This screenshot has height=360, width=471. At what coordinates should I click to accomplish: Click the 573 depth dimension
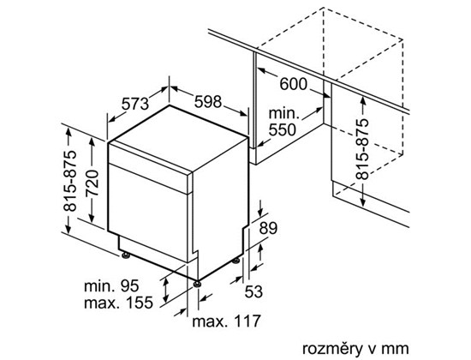pos(134,104)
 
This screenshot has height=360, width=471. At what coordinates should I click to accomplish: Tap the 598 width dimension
pos(208,101)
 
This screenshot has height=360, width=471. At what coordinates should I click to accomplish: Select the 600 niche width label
pos(294,84)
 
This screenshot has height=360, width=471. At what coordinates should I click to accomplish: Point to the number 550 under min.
pos(283,129)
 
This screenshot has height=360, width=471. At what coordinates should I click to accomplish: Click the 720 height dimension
pos(92,183)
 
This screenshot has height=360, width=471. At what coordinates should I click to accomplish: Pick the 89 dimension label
pos(268,228)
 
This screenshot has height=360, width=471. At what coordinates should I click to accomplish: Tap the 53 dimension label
pos(253,291)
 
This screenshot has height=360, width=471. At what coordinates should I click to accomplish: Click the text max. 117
pos(226,321)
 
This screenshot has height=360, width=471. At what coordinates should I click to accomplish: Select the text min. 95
pos(111,285)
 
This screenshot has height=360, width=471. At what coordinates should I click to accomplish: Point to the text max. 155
pos(118,303)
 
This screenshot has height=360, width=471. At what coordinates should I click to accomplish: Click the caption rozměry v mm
pos(355,349)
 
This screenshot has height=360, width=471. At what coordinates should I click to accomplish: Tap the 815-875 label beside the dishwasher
pos(69,181)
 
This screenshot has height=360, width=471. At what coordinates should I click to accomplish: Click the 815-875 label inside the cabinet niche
pos(361,149)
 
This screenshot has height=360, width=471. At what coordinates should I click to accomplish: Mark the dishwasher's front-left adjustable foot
pos(126,255)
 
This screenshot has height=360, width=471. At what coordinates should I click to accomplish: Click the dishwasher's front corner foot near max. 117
pos(197,284)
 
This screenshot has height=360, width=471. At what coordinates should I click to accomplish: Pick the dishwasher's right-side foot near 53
pos(235,261)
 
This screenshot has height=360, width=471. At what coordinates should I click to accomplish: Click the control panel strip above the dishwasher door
pos(149,167)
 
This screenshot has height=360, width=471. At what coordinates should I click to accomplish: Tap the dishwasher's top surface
pos(179,139)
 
